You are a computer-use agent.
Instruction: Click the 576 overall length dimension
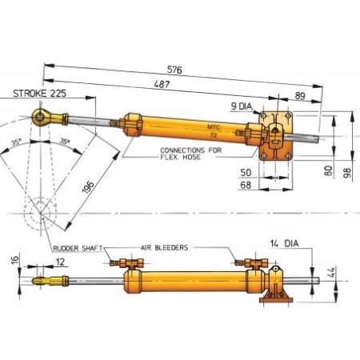(175, 70)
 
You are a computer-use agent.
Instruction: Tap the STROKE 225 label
(41, 94)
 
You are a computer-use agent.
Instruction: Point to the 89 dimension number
(300, 96)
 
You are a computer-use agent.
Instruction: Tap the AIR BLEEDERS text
(164, 248)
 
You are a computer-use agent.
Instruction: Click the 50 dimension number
(246, 172)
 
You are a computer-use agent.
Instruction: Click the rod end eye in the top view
(38, 119)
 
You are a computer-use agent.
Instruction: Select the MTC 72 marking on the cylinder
(212, 130)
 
